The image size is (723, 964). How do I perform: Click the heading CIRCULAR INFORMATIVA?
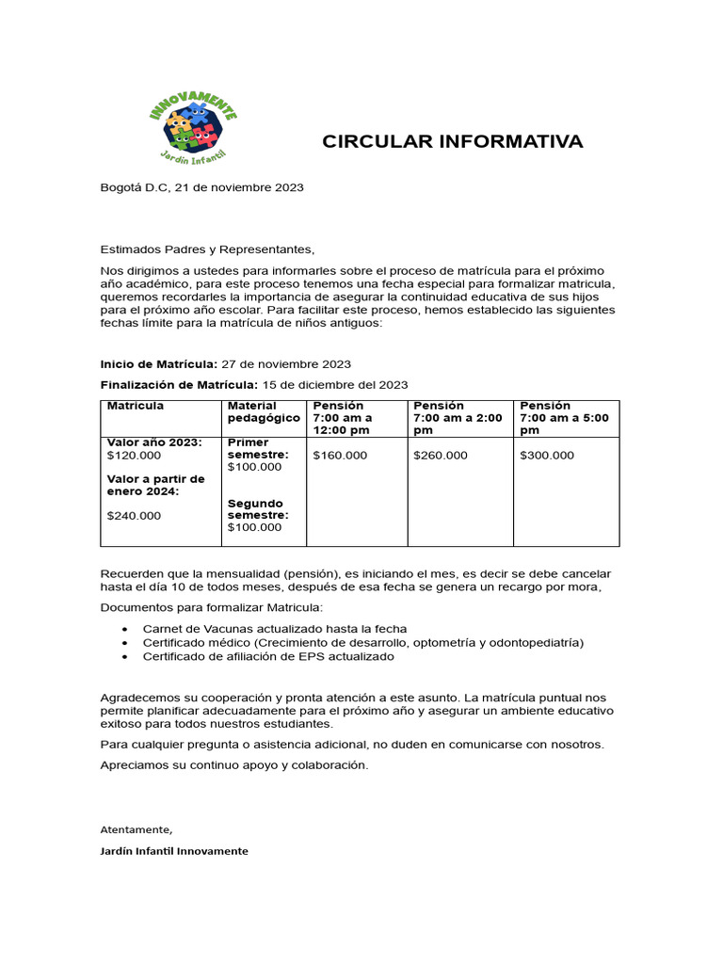(452, 142)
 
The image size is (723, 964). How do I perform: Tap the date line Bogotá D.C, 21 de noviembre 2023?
(201, 187)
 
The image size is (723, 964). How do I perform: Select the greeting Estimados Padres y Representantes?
(205, 249)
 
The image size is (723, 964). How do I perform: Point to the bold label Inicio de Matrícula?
(158, 363)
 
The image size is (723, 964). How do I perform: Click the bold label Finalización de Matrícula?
(178, 384)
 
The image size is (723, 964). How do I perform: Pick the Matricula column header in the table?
(136, 406)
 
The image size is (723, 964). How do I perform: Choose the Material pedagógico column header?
(264, 411)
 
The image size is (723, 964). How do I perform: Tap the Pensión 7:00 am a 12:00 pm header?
(343, 417)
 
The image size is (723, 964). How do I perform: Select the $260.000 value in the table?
(440, 456)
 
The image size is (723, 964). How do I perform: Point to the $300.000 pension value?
(546, 456)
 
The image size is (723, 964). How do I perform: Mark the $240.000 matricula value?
(135, 515)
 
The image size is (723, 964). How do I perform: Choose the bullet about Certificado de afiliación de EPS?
(268, 656)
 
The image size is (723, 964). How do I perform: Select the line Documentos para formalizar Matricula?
(211, 607)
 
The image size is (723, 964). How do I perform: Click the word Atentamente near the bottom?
(137, 829)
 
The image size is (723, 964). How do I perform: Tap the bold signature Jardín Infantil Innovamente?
(174, 851)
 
